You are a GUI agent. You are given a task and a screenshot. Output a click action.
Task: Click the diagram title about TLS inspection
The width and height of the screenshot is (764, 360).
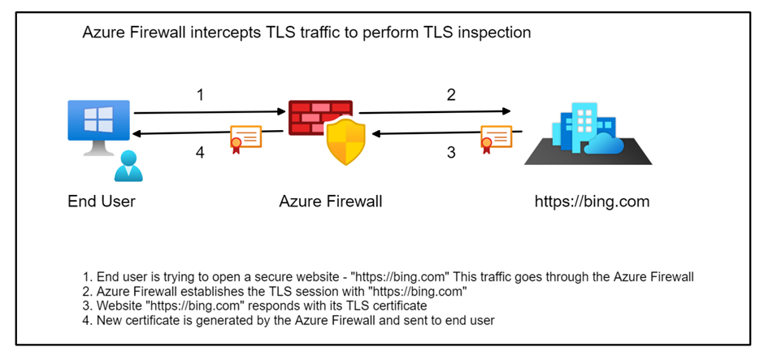[306, 34]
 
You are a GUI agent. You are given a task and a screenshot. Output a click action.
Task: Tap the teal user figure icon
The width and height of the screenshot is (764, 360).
[128, 165]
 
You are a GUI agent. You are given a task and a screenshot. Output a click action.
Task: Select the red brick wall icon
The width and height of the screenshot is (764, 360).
[320, 117]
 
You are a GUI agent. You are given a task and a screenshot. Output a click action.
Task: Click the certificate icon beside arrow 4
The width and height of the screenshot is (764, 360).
[245, 139]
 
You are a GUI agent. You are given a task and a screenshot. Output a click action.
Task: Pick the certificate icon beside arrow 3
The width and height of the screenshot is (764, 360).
[496, 139]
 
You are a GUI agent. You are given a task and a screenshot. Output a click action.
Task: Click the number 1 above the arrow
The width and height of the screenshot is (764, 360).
[200, 95]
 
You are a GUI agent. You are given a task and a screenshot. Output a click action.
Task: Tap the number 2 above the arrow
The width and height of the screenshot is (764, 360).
[451, 95]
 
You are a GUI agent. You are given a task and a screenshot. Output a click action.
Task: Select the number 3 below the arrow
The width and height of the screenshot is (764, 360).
[451, 152]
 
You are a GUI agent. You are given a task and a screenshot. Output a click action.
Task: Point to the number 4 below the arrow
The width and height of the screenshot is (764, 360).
[200, 152]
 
